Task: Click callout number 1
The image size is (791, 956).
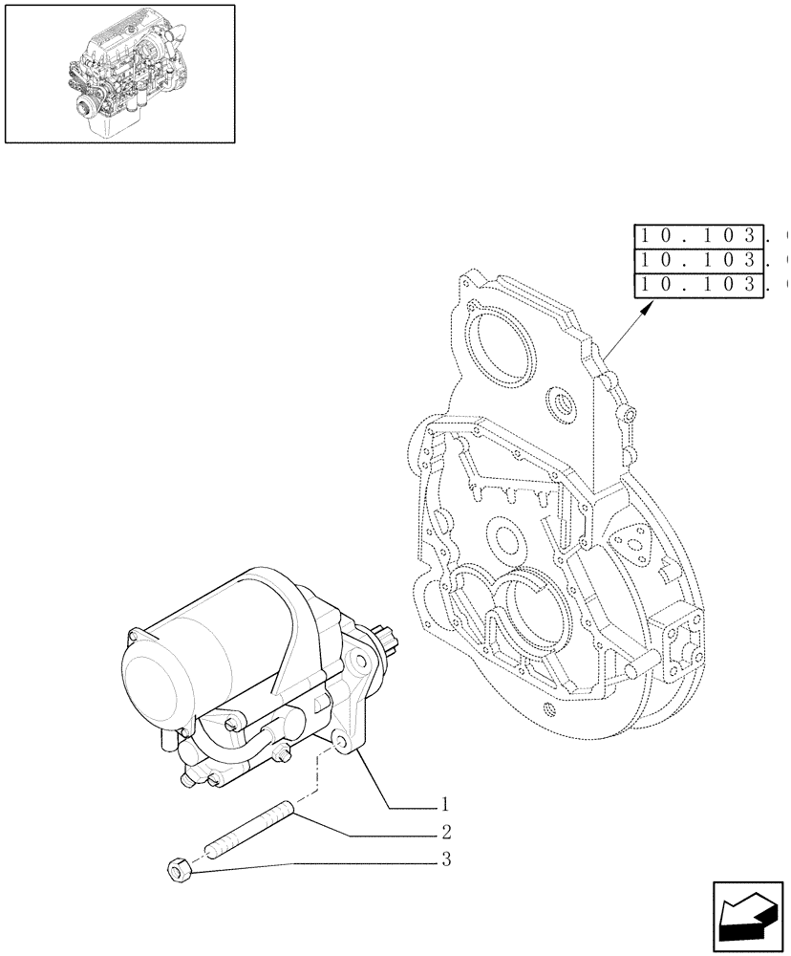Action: pos(444,805)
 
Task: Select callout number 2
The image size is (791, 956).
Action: pos(444,833)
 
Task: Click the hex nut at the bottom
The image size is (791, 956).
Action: pos(177,870)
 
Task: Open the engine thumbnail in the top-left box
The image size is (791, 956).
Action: pos(119,74)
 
